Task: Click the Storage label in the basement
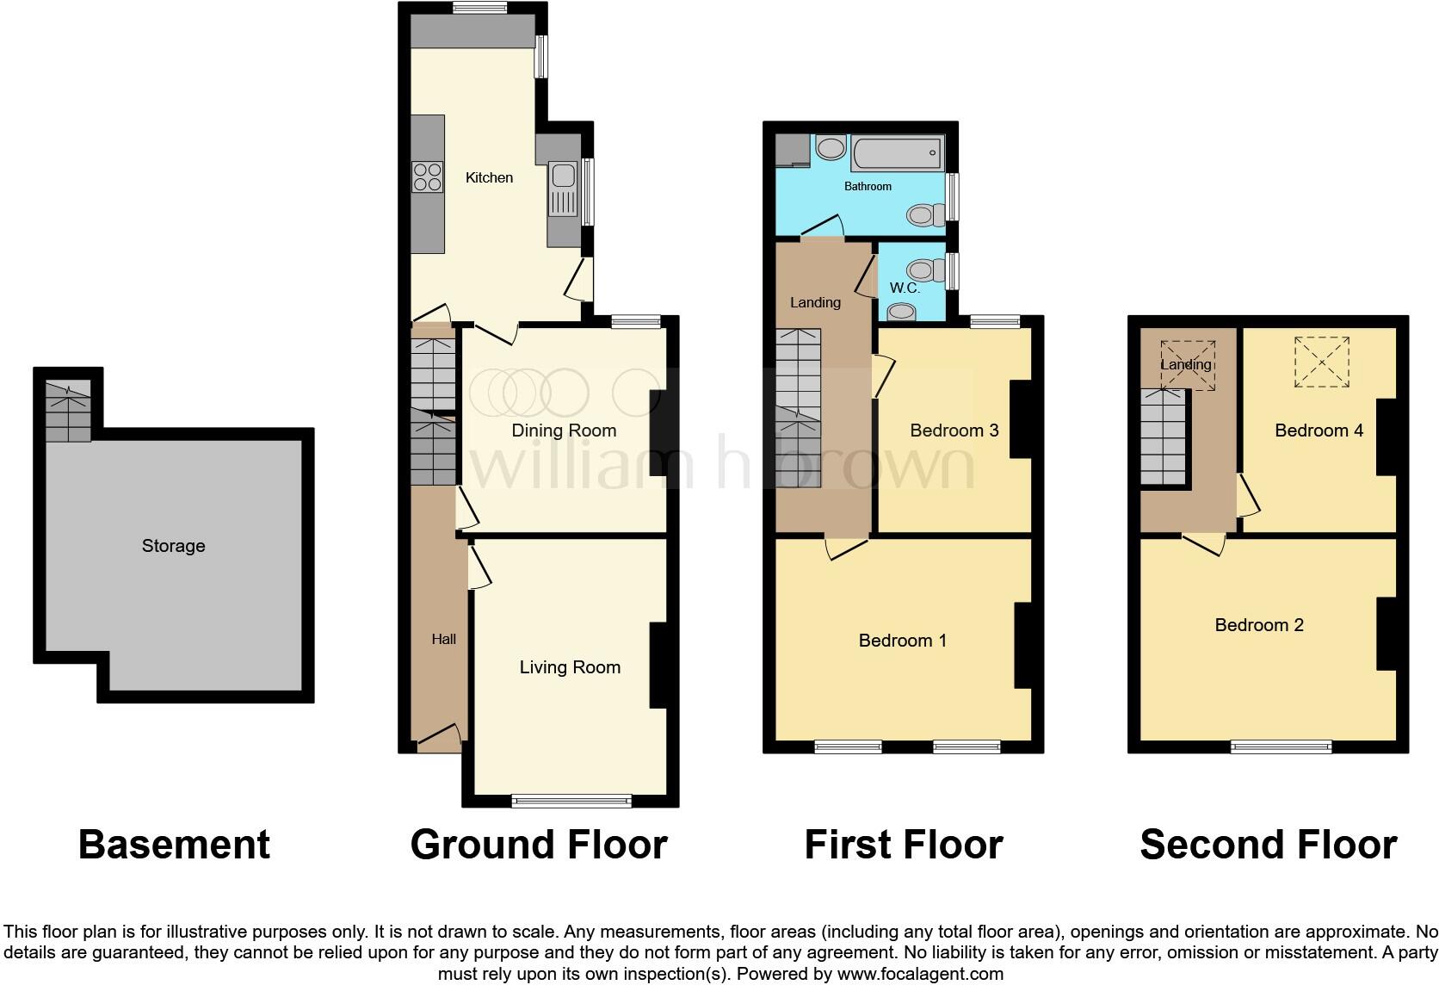point(173,546)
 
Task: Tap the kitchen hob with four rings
point(428,177)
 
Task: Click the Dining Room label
point(564,431)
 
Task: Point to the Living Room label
point(570,667)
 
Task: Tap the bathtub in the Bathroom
point(896,153)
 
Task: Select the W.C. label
point(905,288)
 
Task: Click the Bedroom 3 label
point(954,431)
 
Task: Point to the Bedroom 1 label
point(902,641)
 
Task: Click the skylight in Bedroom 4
point(1322,362)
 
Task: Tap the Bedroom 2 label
point(1258,625)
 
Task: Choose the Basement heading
point(174,845)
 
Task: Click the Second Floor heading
point(1268,845)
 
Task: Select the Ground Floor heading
point(539,845)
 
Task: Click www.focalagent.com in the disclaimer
point(920,975)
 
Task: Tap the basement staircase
point(68,412)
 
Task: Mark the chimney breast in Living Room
point(658,665)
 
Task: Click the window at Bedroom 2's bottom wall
point(1281,746)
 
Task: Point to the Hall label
point(443,639)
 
